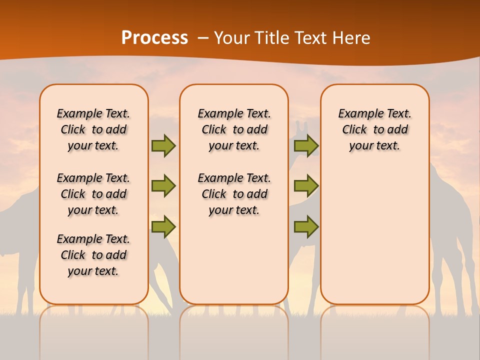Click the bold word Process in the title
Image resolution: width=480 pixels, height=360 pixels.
tap(154, 37)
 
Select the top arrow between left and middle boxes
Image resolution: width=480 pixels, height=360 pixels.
tap(163, 145)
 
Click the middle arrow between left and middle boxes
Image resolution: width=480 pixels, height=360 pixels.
tap(163, 186)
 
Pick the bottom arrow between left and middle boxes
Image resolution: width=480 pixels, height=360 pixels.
tap(163, 226)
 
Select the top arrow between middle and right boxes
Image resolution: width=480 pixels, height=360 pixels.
tap(306, 145)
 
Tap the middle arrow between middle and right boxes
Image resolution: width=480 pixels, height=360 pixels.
tap(306, 186)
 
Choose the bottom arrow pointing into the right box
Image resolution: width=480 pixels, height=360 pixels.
tap(306, 226)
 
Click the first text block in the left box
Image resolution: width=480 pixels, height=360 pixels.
tap(93, 129)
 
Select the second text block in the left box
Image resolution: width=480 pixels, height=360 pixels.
tap(93, 194)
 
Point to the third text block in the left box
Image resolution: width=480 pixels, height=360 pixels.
tap(93, 255)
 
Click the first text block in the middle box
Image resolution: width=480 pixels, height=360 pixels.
tap(234, 129)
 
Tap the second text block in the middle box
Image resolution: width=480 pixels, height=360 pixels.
tap(234, 194)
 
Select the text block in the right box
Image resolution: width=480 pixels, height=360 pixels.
tap(375, 129)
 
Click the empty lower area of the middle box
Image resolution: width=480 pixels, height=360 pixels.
tap(234, 260)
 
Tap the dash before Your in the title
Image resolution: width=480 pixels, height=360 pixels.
tap(203, 37)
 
